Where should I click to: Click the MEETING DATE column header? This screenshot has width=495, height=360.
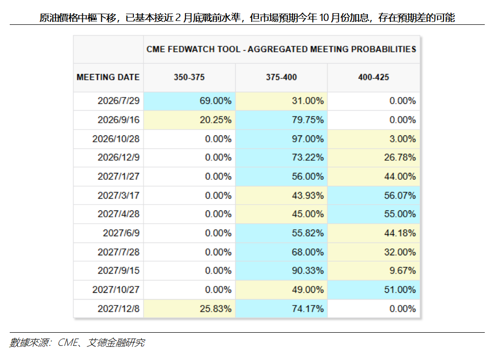108,77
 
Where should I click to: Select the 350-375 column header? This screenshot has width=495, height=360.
189,77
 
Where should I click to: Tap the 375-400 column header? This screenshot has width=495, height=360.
281,77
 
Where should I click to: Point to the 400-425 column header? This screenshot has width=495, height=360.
373,77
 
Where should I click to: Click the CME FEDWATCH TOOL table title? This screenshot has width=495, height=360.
281,49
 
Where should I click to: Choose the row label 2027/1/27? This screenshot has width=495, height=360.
118,176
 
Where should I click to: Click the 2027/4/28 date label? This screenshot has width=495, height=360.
118,214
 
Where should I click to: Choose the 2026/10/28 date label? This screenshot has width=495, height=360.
116,139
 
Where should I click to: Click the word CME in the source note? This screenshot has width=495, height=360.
68,342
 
